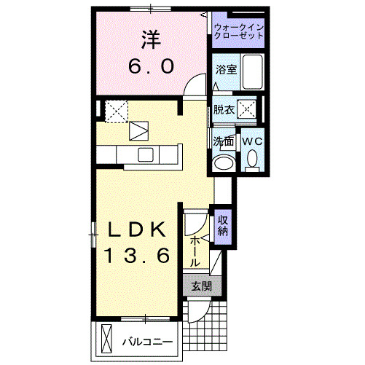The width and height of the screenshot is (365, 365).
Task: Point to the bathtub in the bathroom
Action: coord(252,71)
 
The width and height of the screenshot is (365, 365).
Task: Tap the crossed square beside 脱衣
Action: coord(248,110)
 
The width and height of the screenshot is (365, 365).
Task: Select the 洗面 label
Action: coord(223,141)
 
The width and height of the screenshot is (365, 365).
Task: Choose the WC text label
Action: coord(252,141)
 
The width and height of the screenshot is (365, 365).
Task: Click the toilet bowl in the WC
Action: coord(253,159)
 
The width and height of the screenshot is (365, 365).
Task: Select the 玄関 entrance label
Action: coord(201,286)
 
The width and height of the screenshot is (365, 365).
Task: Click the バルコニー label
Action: coord(146,340)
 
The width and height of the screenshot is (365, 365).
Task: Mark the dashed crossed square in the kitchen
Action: coord(117,111)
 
